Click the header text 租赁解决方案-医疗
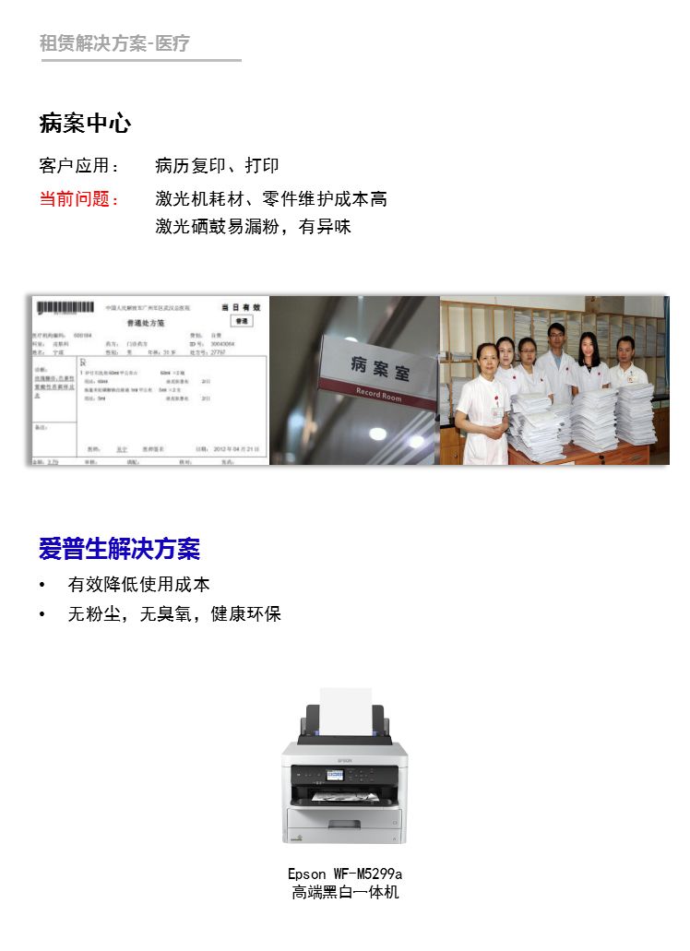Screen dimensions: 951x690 click(x=114, y=43)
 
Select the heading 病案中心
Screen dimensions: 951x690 click(x=85, y=124)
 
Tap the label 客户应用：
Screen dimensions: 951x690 click(x=79, y=167)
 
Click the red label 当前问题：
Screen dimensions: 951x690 click(x=79, y=199)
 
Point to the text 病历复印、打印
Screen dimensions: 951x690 click(x=217, y=167)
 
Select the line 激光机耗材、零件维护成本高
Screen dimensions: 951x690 click(x=271, y=199)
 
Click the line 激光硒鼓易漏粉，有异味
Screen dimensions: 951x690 click(x=253, y=227)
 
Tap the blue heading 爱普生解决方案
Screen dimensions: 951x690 click(x=119, y=550)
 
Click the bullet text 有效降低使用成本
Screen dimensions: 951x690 click(x=138, y=585)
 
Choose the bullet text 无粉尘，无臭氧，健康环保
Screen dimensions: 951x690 click(x=174, y=614)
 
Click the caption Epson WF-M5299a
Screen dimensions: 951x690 click(x=345, y=874)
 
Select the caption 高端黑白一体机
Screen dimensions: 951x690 click(x=345, y=893)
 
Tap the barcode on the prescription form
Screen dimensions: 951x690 click(x=65, y=308)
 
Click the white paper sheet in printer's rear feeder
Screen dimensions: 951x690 click(x=346, y=710)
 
